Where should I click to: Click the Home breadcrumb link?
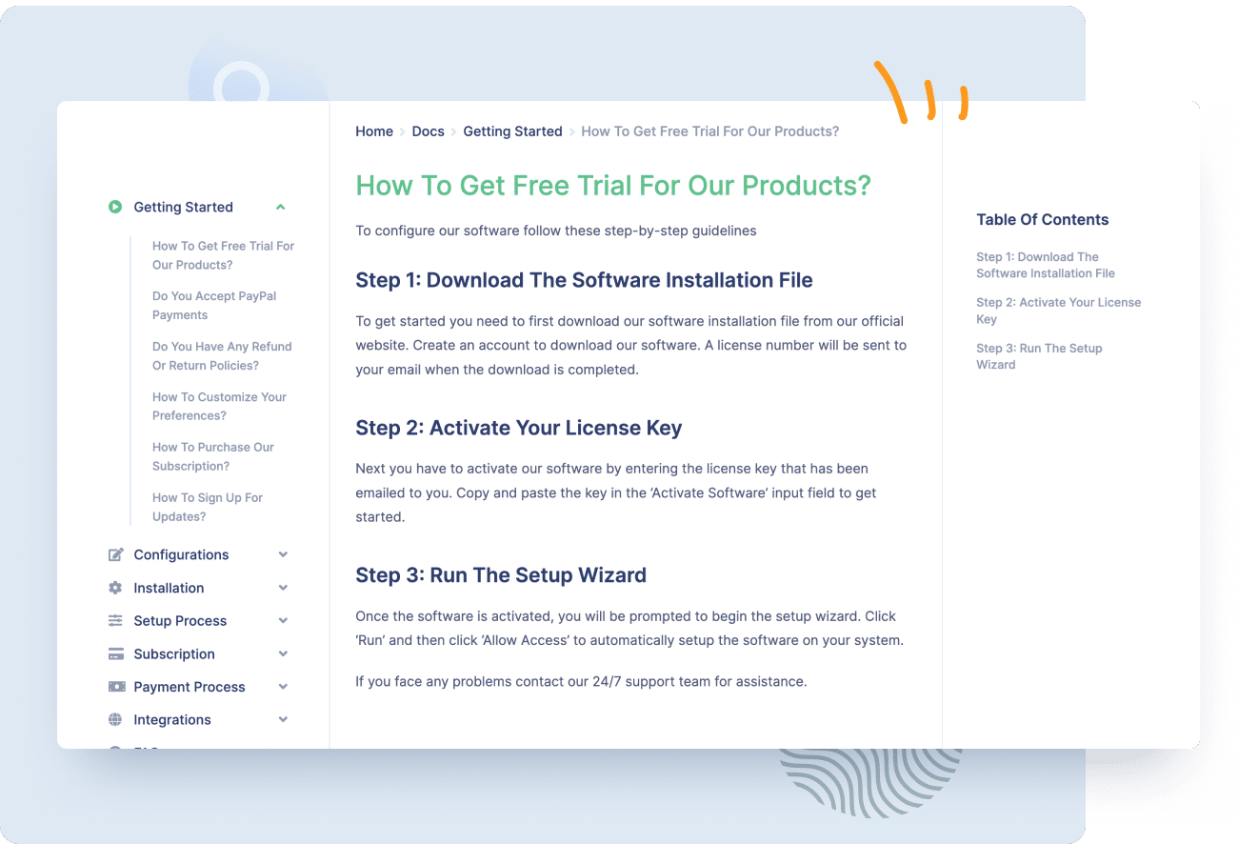click(374, 131)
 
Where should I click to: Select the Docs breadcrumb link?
click(428, 131)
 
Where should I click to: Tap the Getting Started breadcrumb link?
click(512, 131)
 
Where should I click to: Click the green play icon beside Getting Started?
click(115, 207)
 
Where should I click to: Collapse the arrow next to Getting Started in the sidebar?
click(280, 207)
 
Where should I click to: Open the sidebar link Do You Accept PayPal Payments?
click(214, 306)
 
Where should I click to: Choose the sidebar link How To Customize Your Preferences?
click(219, 406)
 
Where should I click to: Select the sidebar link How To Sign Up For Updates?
click(208, 507)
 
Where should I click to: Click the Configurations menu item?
click(181, 554)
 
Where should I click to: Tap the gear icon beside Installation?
click(115, 588)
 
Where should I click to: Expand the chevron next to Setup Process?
click(283, 621)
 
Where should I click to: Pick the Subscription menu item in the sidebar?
click(174, 654)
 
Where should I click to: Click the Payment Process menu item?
click(190, 687)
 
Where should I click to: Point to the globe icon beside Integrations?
click(115, 720)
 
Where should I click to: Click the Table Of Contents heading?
click(1042, 219)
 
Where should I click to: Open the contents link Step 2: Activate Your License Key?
click(1058, 311)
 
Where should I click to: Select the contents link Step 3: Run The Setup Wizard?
click(1039, 356)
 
